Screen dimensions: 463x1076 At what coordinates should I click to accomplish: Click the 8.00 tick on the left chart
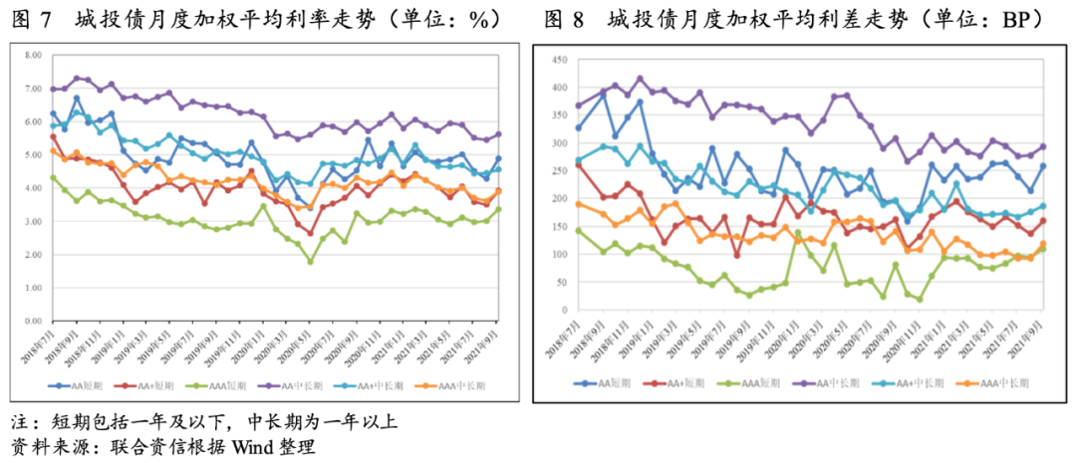pyautogui.click(x=34, y=55)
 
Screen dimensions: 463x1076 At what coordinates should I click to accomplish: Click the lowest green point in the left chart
pyautogui.click(x=311, y=262)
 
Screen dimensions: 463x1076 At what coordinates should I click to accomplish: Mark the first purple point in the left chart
pyautogui.click(x=53, y=90)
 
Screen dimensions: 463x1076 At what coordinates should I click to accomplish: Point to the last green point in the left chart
pyautogui.click(x=498, y=209)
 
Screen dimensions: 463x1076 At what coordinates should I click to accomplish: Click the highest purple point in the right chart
pyautogui.click(x=640, y=79)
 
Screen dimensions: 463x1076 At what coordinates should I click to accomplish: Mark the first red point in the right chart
pyautogui.click(x=579, y=165)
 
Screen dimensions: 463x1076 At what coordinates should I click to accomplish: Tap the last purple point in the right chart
pyautogui.click(x=1042, y=146)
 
